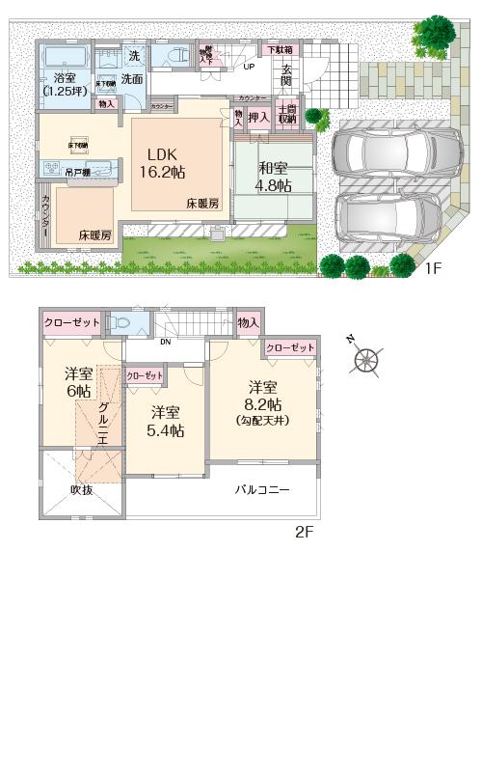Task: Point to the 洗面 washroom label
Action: pyautogui.click(x=132, y=80)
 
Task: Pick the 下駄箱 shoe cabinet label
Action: pyautogui.click(x=280, y=49)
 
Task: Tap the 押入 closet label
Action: pyautogui.click(x=258, y=117)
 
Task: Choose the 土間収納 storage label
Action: pyautogui.click(x=287, y=115)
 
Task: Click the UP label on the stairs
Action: pyautogui.click(x=249, y=67)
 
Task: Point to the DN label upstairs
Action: pyautogui.click(x=165, y=341)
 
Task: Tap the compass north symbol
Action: pyautogui.click(x=365, y=359)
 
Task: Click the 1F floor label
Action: pyautogui.click(x=433, y=268)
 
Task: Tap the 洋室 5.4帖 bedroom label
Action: pyautogui.click(x=166, y=421)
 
